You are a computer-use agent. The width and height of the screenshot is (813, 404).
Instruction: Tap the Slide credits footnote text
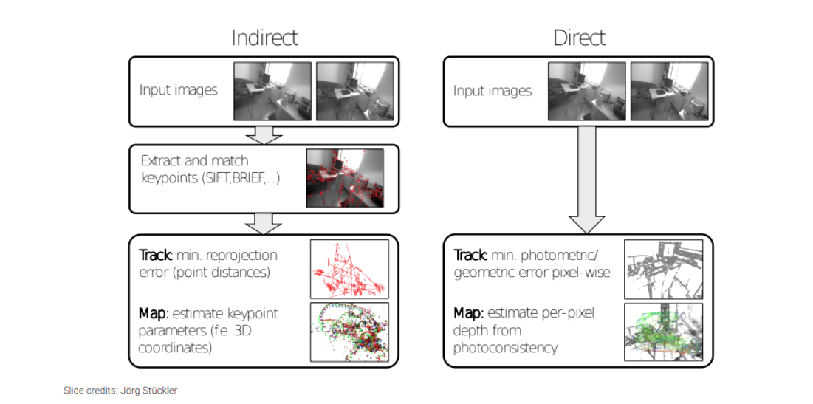point(120,390)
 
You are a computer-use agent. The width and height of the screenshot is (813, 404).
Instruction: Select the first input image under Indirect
point(272,91)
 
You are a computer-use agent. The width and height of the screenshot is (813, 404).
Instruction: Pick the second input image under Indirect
point(354,91)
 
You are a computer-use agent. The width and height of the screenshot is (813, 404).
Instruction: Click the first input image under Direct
point(586,91)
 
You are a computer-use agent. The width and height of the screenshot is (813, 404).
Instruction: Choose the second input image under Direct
point(668,91)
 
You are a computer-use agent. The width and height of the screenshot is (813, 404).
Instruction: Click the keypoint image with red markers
point(345,178)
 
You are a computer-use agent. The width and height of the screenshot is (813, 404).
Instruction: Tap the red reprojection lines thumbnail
point(349,269)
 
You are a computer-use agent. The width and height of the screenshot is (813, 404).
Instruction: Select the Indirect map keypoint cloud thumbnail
point(349,332)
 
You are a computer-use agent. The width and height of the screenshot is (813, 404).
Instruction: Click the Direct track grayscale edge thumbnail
point(663,269)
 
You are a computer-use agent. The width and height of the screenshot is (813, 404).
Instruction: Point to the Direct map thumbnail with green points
point(663,332)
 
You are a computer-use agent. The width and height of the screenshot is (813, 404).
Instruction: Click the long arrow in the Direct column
point(587,177)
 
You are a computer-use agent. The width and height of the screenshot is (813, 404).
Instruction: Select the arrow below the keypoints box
point(264,221)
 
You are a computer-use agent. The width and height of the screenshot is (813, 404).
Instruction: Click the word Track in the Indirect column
point(156,256)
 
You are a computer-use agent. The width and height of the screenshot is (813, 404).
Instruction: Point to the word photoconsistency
point(505,346)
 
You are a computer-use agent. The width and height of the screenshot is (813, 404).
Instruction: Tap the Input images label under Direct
point(492,91)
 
